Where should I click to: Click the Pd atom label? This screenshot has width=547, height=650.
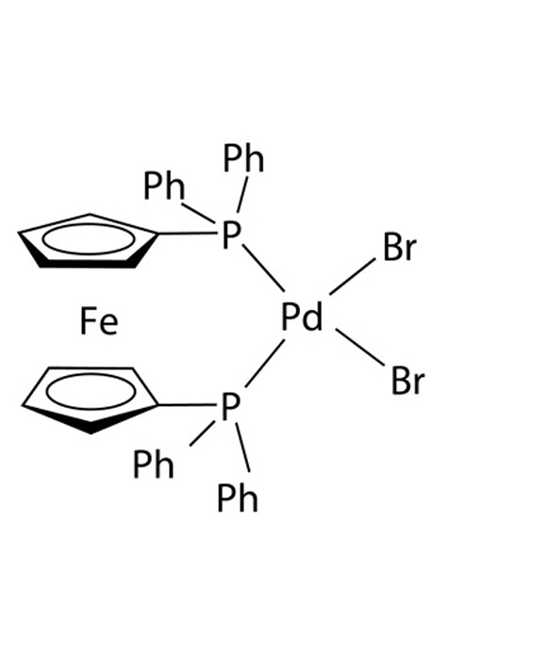pos(302,317)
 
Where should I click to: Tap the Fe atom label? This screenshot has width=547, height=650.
pos(99,321)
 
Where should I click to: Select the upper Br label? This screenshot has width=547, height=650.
pos(399,247)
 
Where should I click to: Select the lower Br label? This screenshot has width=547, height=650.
pos(407,381)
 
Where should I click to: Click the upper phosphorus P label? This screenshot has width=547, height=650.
pos(231,235)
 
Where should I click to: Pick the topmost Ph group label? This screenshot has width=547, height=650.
pos(243,158)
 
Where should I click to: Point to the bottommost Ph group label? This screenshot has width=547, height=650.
pos(238,497)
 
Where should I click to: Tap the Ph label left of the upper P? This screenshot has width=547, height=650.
pos(163,187)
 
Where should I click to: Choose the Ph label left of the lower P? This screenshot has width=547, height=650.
pos(153,464)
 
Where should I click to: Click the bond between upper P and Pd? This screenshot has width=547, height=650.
pos(263,268)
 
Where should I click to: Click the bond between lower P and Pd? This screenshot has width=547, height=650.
pos(265,364)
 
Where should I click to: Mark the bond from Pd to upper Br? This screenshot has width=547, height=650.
pos(353,277)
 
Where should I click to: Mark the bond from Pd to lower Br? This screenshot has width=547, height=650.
pos(360,348)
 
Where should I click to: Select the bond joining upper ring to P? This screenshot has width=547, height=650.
pos(187,234)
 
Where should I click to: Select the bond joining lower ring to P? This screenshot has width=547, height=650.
pos(187,405)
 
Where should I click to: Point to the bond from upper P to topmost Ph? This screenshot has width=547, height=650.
pos(242,195)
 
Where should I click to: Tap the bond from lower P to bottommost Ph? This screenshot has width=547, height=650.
pos(242,447)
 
